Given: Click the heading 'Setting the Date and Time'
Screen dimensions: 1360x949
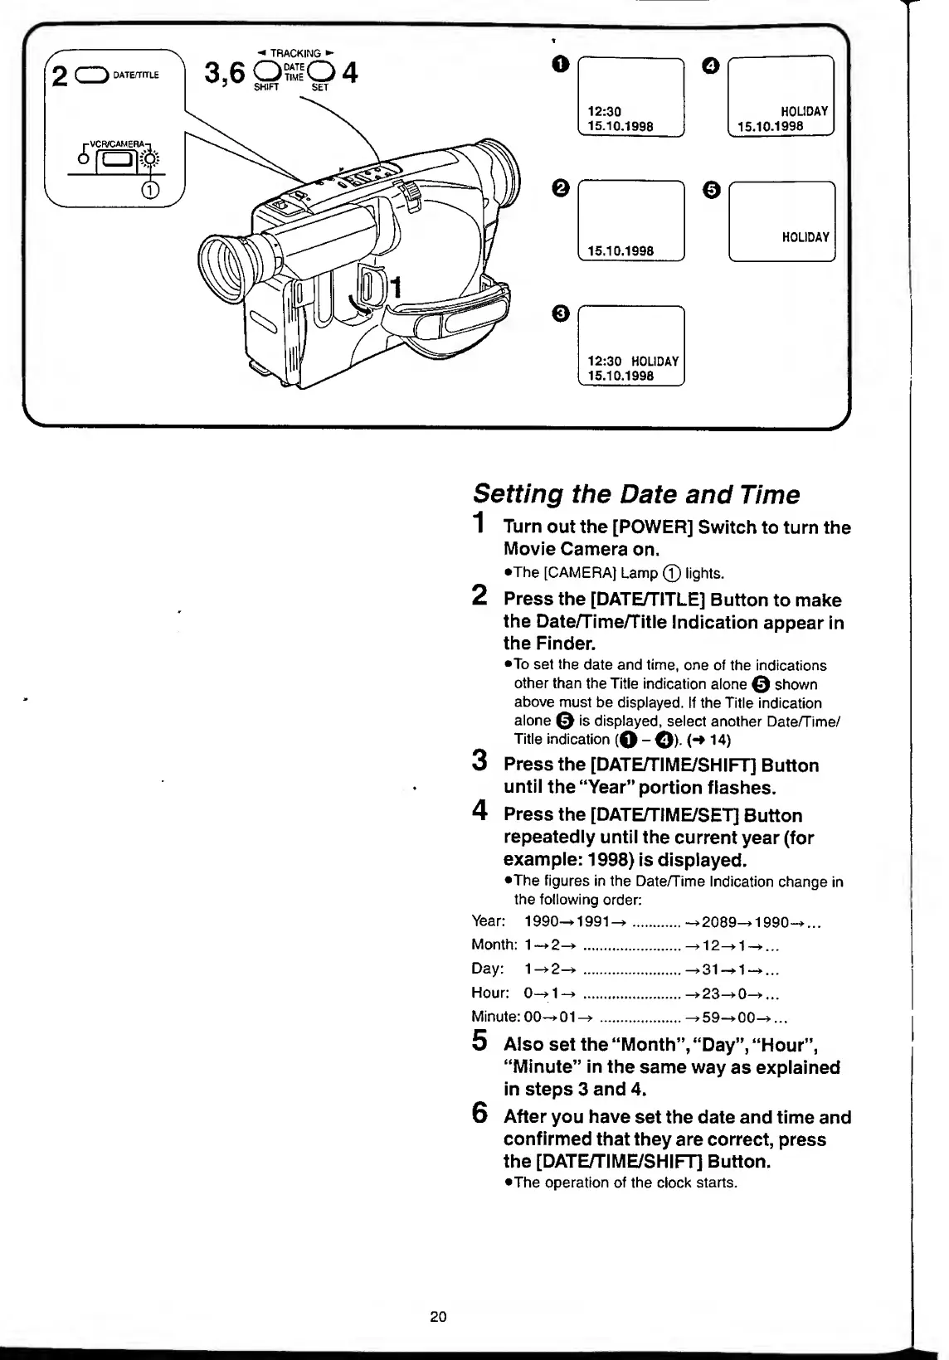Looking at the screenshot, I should coord(635,495).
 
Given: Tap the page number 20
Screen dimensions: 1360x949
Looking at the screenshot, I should coord(438,1316).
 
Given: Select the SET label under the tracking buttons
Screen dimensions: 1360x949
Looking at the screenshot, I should coord(320,87).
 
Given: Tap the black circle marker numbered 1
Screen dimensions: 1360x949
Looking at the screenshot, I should coord(561,63).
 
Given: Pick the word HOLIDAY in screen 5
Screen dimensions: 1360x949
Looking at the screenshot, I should coord(805,237).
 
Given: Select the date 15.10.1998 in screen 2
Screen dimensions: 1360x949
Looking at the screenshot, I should coord(620,250).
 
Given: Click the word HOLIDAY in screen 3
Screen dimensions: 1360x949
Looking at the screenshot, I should coord(655,362).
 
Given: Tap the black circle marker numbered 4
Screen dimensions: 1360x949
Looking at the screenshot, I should coord(710,63).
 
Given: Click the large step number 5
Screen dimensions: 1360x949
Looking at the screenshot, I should coord(479,1040).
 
